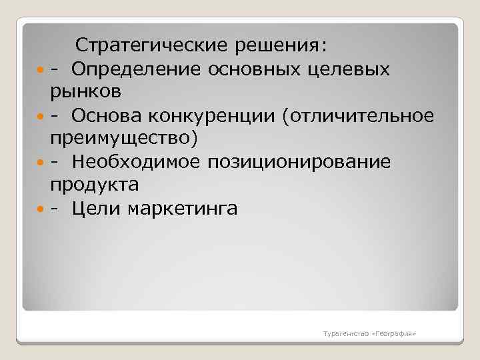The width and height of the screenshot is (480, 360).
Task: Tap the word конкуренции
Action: click(204, 115)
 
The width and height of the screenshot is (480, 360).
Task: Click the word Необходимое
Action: click(136, 162)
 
